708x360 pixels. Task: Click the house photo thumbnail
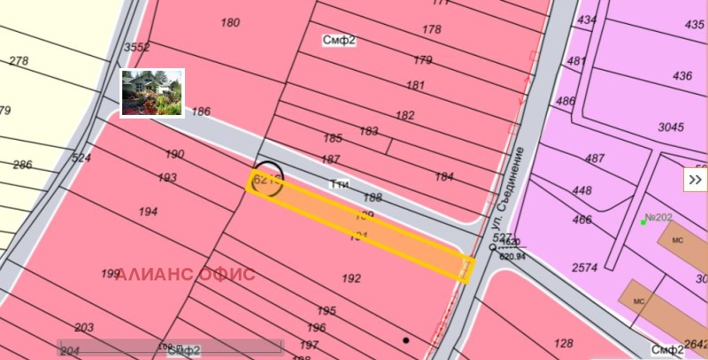(151, 93)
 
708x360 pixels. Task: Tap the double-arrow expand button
(695, 180)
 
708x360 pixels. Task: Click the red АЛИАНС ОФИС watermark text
(185, 274)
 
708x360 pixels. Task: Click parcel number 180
(230, 23)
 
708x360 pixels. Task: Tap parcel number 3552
(136, 47)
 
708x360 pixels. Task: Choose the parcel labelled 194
(148, 212)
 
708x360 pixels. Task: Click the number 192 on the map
(350, 279)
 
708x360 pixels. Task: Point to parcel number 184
(443, 177)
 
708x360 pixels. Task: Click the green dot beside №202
(643, 222)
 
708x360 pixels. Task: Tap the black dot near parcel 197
(406, 340)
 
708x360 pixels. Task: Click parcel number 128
(562, 343)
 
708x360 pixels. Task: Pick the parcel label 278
(19, 61)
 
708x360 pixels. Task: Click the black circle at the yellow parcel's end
(268, 176)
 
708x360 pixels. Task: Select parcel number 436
(682, 76)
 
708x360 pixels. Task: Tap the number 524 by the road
(81, 158)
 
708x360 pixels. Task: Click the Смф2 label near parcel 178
(339, 41)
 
